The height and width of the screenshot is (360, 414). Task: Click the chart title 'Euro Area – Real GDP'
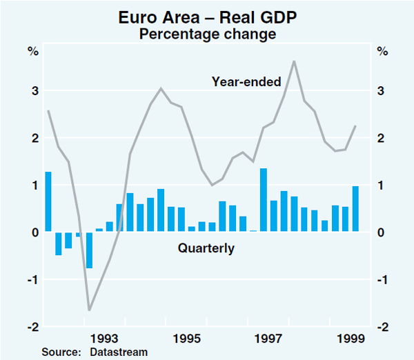208,17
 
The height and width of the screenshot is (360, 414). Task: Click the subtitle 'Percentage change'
208,33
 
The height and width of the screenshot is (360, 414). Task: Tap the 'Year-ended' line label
246,82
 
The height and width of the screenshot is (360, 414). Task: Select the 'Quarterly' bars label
206,248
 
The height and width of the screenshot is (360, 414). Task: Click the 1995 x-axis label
187,339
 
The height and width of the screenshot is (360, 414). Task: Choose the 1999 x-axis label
351,339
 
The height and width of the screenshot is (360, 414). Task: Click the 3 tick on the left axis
33,91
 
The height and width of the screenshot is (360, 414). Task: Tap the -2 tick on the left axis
32,327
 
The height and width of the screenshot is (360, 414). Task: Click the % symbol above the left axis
32,50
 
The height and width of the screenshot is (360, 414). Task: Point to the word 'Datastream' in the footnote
119,352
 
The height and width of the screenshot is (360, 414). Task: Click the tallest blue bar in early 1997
263,200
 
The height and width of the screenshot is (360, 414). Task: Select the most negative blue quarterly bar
89,250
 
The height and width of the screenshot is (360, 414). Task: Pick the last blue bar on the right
356,209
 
